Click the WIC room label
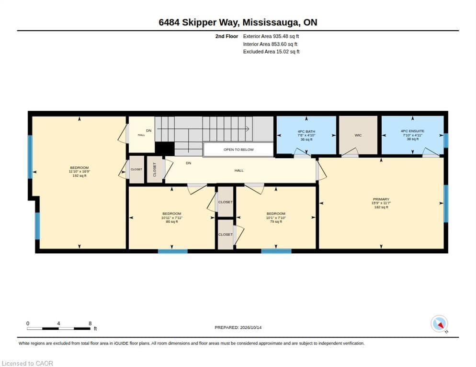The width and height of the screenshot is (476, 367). (358, 135)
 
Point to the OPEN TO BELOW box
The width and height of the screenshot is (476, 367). (238, 150)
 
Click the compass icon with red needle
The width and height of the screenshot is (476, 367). (439, 324)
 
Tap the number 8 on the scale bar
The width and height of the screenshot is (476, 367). (90, 324)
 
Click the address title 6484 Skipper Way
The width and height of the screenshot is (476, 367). (238, 22)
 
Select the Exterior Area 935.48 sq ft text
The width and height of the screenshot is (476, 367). (271, 36)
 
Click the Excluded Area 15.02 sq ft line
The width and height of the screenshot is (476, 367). (272, 52)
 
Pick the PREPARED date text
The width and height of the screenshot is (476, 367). (238, 328)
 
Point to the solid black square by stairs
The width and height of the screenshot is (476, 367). (165, 149)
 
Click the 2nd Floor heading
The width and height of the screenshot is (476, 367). (227, 36)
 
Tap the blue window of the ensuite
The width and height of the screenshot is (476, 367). (446, 140)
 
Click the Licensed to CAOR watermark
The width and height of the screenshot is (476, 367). (27, 363)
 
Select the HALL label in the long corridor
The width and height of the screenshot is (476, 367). (239, 171)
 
